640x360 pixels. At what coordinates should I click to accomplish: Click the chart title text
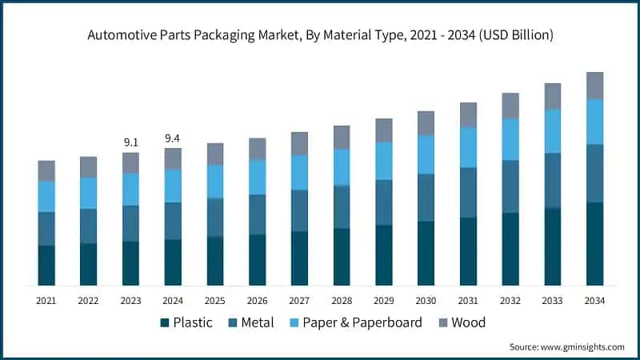pyautogui.click(x=320, y=35)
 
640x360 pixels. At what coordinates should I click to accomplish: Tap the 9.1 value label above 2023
pyautogui.click(x=130, y=142)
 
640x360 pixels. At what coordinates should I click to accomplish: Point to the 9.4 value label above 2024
pyautogui.click(x=173, y=138)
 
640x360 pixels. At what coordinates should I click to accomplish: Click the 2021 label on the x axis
pyautogui.click(x=46, y=301)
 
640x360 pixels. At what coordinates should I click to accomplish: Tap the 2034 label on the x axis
pyautogui.click(x=594, y=301)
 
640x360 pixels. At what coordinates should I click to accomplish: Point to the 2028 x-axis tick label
pyautogui.click(x=342, y=301)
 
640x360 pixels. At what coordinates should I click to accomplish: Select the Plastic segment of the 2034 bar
pyautogui.click(x=594, y=244)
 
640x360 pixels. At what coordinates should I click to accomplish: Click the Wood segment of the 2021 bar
pyautogui.click(x=46, y=170)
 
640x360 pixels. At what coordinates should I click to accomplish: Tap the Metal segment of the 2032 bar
pyautogui.click(x=510, y=186)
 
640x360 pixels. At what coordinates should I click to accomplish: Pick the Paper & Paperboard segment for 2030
pyautogui.click(x=426, y=154)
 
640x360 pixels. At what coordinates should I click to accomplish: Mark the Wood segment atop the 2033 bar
pyautogui.click(x=553, y=96)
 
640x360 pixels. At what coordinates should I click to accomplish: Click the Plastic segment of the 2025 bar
pyautogui.click(x=215, y=261)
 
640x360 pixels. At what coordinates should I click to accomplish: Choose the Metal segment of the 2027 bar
pyautogui.click(x=299, y=210)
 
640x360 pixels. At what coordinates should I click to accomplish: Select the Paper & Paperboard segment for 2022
pyautogui.click(x=88, y=193)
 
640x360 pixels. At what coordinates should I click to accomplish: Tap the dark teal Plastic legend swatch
pyautogui.click(x=165, y=322)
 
